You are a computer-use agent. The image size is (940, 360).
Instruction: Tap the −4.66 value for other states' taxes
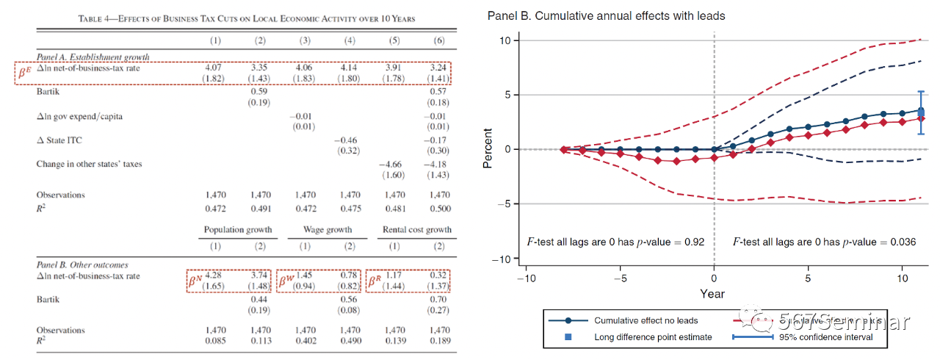point(393,164)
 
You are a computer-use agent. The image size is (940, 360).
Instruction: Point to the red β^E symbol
point(24,72)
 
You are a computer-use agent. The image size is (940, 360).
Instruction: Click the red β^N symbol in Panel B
point(195,280)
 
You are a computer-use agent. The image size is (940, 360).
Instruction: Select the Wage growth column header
point(327,229)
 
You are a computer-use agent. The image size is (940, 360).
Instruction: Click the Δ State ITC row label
point(60,139)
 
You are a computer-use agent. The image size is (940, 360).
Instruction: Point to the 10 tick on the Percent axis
point(505,40)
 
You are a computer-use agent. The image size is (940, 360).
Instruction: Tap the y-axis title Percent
point(488,149)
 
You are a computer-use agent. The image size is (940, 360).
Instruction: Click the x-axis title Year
point(712,294)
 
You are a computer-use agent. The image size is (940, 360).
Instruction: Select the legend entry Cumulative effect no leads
point(636,321)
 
